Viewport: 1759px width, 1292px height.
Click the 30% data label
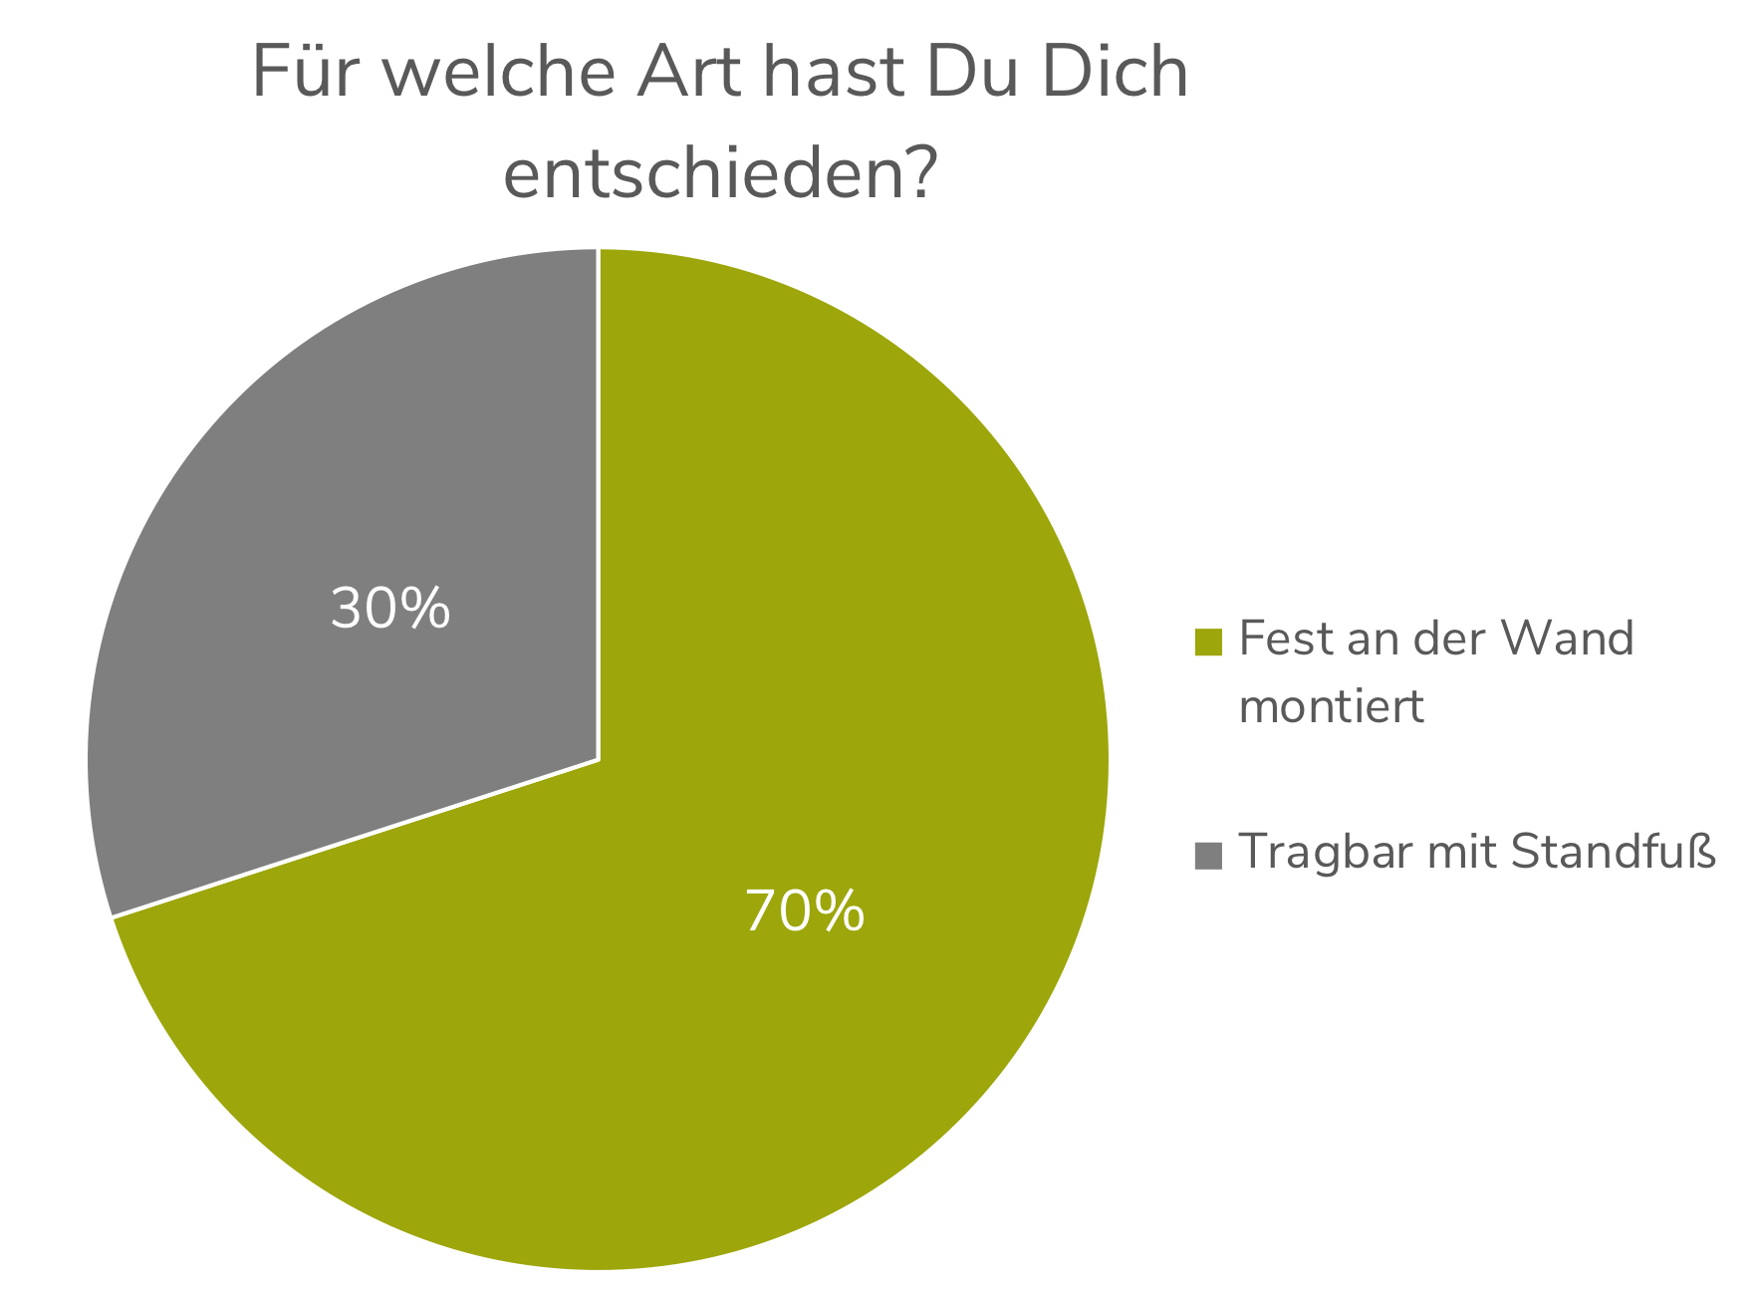point(390,609)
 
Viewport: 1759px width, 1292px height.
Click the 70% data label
point(805,911)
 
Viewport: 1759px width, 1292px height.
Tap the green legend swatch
point(1208,643)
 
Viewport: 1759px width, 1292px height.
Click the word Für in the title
point(298,73)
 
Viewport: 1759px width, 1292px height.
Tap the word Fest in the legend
point(1286,639)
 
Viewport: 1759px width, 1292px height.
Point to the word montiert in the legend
point(1331,707)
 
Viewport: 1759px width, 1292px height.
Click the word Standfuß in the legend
point(1614,852)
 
